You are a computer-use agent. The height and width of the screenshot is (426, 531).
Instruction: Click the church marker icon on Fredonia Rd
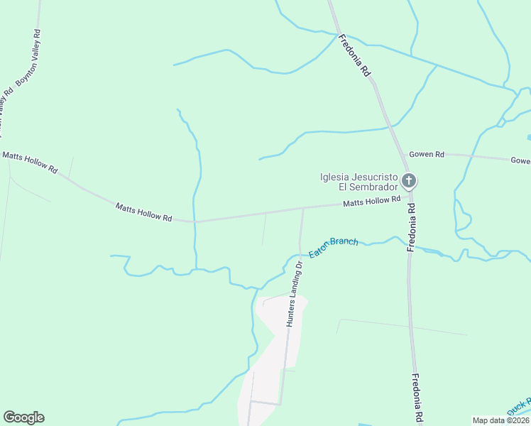tap(408, 181)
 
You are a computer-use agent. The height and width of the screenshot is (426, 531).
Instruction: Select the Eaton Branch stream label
tap(334, 247)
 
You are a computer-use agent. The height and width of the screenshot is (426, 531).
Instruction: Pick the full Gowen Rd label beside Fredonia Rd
tap(426, 154)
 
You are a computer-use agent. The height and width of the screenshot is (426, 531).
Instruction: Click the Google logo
tap(23, 417)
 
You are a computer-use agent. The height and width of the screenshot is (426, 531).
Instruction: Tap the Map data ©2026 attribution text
tap(501, 420)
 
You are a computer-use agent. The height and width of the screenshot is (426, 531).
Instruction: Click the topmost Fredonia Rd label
tap(354, 55)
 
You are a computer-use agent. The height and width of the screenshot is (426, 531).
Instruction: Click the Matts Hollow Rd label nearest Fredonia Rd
tap(372, 202)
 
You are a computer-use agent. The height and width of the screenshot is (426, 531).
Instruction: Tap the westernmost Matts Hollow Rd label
tap(30, 162)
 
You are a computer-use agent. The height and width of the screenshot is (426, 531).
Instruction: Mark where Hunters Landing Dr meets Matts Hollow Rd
tap(303, 208)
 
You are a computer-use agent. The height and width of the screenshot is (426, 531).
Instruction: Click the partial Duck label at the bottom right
tap(519, 409)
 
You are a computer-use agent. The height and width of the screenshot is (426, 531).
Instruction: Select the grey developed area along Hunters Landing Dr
tap(273, 348)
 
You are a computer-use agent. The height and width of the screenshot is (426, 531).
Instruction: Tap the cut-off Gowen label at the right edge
tap(520, 160)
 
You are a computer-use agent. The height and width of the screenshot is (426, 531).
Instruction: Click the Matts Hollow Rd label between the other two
tap(144, 212)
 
